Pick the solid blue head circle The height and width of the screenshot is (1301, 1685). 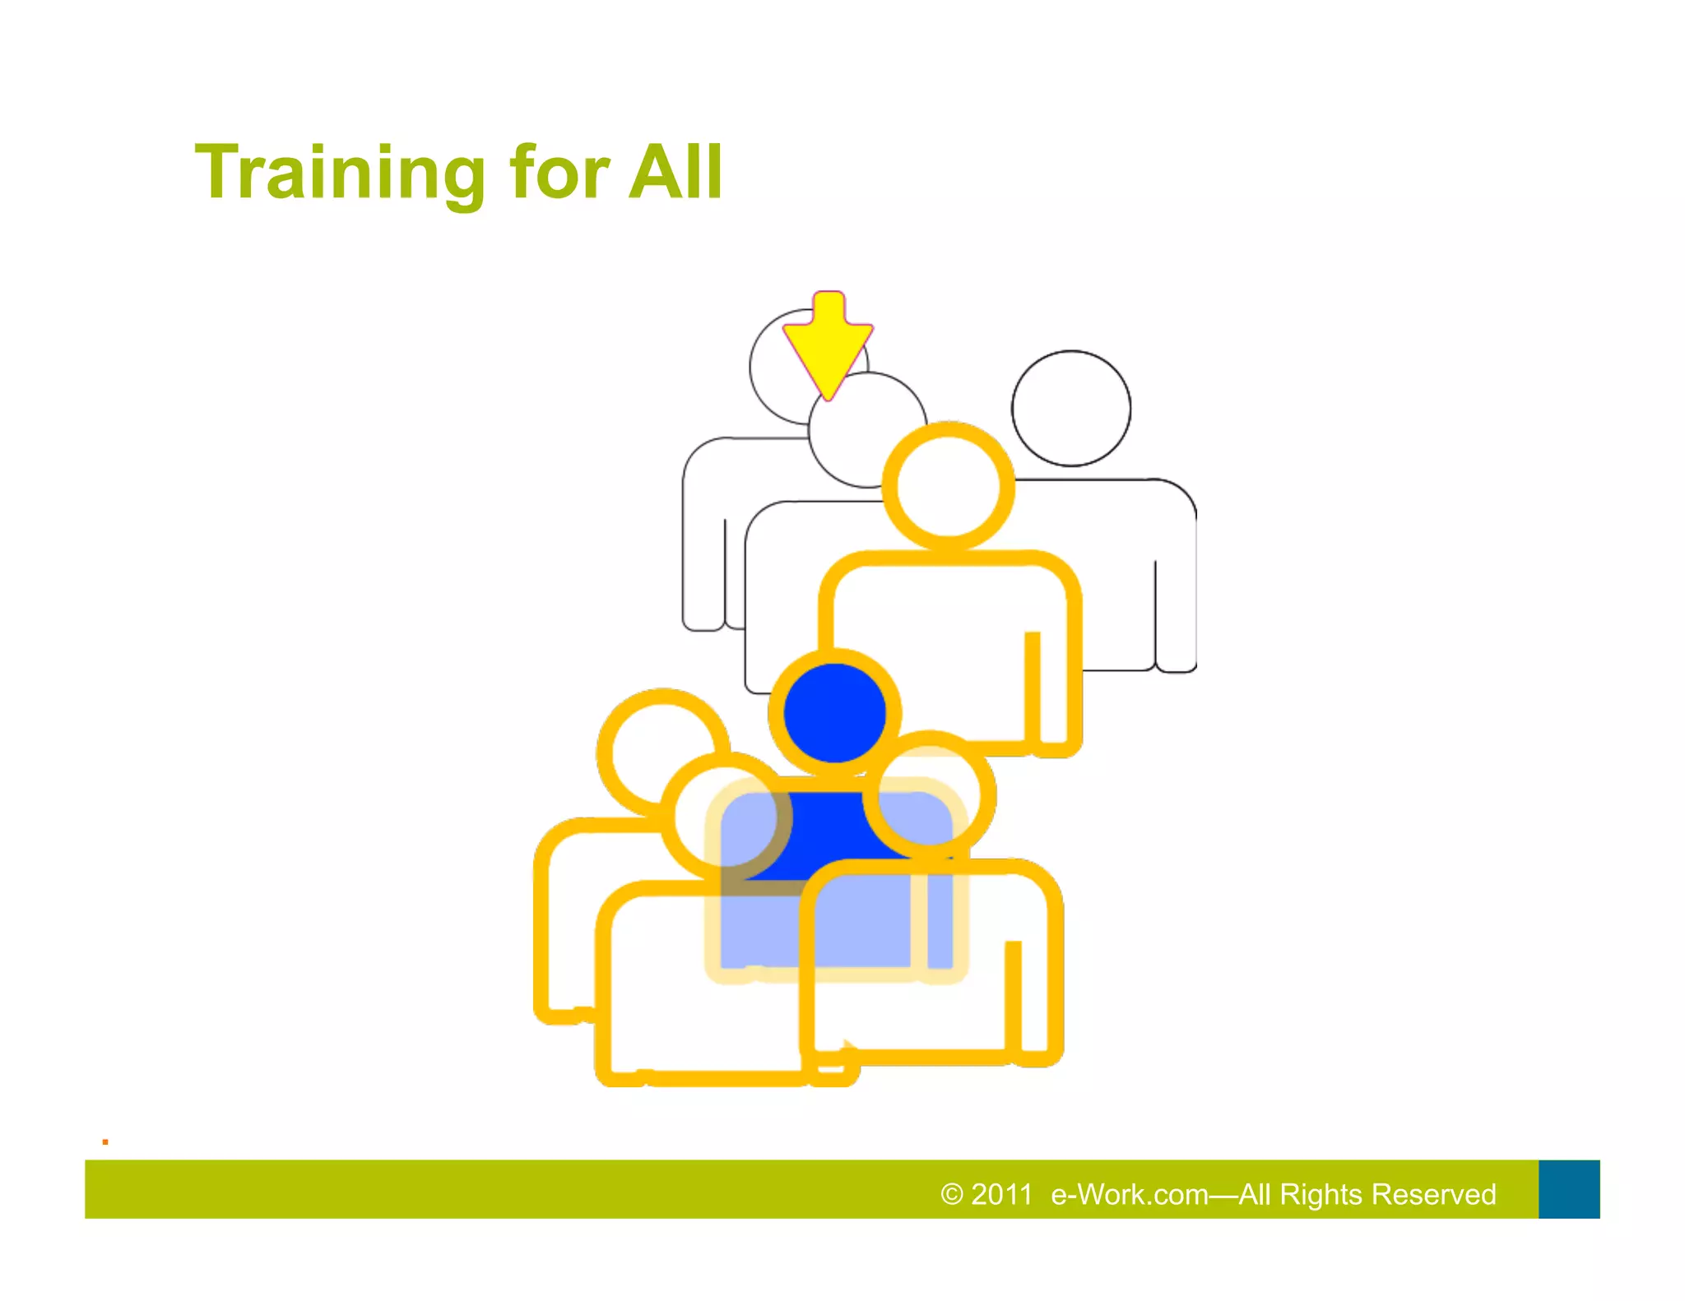pyautogui.click(x=834, y=713)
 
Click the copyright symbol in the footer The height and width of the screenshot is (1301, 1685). pyautogui.click(x=951, y=1194)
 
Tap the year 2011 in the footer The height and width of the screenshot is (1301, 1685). pyautogui.click(x=1001, y=1194)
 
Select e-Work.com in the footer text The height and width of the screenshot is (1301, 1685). pyautogui.click(x=1129, y=1194)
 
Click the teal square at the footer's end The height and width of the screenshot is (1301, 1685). pyautogui.click(x=1568, y=1189)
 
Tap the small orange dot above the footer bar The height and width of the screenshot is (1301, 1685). pyautogui.click(x=105, y=1141)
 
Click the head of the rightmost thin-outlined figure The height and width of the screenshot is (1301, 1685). pyautogui.click(x=1070, y=409)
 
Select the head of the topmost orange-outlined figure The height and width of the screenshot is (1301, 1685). pyautogui.click(x=948, y=486)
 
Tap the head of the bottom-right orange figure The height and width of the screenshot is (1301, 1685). pyautogui.click(x=930, y=795)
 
